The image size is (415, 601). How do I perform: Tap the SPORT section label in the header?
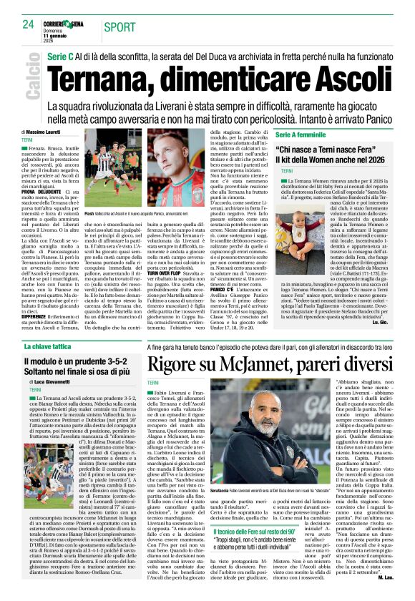click(119, 26)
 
